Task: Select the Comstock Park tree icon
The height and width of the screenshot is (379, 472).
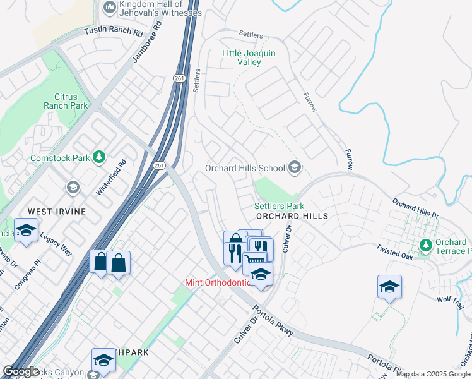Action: click(x=98, y=157)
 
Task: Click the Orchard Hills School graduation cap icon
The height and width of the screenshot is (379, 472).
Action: click(x=294, y=168)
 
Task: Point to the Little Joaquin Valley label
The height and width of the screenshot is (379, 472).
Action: click(x=249, y=58)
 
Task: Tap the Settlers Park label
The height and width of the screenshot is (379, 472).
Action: click(x=279, y=206)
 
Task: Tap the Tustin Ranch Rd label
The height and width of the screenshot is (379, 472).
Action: click(x=114, y=31)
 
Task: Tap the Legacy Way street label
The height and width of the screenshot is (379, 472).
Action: click(x=57, y=244)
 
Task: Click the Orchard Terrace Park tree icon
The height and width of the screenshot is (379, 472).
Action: click(x=426, y=244)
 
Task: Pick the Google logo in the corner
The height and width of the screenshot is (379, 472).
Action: click(x=21, y=371)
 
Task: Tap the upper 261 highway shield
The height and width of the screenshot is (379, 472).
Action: click(x=178, y=77)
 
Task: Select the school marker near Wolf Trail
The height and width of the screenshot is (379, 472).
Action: click(x=389, y=287)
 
